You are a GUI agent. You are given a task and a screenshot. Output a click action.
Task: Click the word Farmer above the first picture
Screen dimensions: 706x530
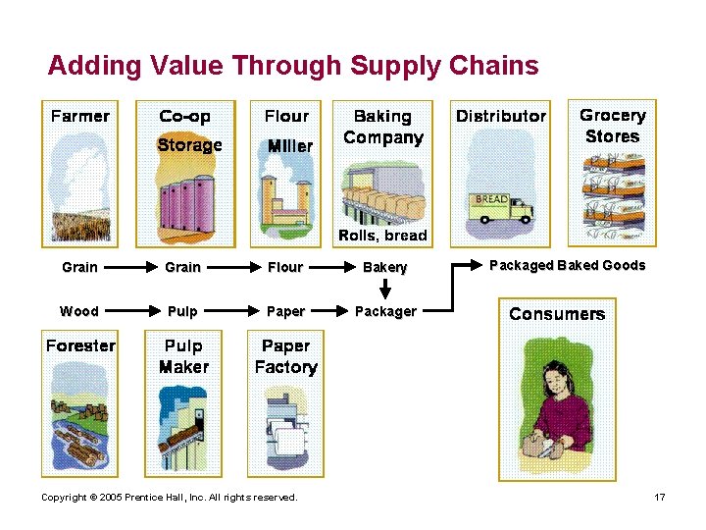(79, 116)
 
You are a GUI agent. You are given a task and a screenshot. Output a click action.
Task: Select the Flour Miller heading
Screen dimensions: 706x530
(287, 131)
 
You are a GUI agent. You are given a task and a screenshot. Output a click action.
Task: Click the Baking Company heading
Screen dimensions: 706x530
(383, 128)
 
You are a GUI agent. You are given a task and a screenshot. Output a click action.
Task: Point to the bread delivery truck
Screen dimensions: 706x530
(502, 206)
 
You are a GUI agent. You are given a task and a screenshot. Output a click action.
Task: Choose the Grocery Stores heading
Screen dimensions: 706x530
(613, 127)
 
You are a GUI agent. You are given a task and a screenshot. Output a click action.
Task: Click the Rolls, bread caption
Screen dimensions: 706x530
(382, 236)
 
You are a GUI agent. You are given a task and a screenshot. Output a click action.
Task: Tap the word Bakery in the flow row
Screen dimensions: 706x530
(385, 267)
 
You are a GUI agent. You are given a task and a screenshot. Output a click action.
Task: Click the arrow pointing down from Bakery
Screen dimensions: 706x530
(385, 290)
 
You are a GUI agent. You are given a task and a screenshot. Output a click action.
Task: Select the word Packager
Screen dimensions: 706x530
(385, 311)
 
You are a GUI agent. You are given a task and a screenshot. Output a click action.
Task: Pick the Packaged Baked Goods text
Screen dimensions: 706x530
(568, 265)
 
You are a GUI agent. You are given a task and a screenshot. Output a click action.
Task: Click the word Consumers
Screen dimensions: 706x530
(557, 314)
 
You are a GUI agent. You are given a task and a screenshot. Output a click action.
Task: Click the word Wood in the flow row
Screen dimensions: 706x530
(79, 311)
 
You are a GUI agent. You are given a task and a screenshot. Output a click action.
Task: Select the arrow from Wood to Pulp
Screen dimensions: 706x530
(128, 311)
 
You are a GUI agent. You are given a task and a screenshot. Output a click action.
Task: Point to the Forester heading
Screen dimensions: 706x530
(80, 345)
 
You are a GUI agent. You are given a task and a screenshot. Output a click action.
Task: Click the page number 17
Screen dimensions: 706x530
(660, 498)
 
